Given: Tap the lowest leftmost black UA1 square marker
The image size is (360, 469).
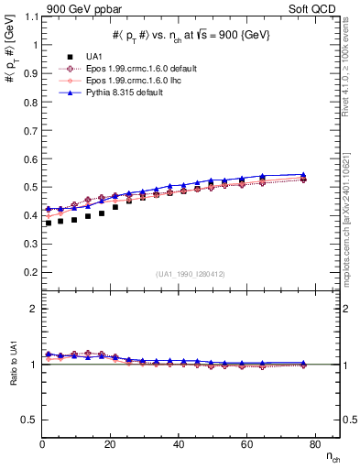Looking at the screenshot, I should click(48, 223).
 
